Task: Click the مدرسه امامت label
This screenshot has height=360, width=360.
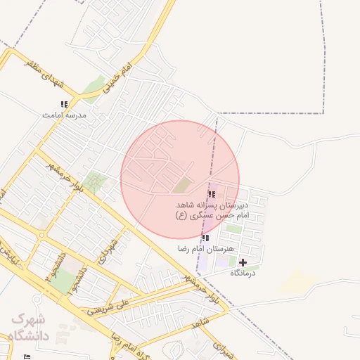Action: click(64, 114)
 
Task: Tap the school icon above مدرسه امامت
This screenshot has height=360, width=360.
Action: click(64, 104)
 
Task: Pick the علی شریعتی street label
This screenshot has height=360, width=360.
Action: click(107, 307)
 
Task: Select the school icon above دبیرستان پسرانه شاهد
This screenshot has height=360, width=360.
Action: click(211, 194)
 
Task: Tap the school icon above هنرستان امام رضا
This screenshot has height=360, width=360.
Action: click(205, 238)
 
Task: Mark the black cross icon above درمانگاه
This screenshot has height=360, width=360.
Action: click(243, 262)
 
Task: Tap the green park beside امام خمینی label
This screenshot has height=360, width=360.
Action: click(93, 89)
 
